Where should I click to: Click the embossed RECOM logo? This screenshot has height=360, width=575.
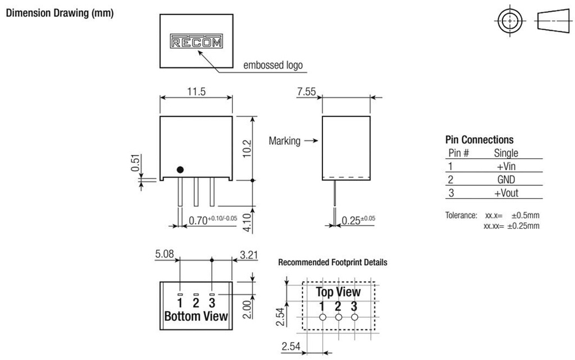point(196,42)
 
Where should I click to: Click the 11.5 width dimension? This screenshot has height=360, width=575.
point(196,90)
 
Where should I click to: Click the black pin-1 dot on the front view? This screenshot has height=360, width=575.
point(180,170)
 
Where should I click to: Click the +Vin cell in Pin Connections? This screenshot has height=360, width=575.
point(506,166)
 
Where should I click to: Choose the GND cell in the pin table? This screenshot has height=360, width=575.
point(506,180)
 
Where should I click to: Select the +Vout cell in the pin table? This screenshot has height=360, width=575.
point(506,193)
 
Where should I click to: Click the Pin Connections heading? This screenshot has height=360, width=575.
point(479,140)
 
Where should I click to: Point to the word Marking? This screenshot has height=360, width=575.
point(285,141)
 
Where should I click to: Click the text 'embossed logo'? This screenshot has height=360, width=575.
point(272,66)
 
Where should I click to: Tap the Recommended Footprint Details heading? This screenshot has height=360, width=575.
point(332,262)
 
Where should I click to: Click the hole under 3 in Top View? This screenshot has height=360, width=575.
point(354,317)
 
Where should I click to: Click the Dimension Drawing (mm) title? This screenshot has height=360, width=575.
point(60,13)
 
